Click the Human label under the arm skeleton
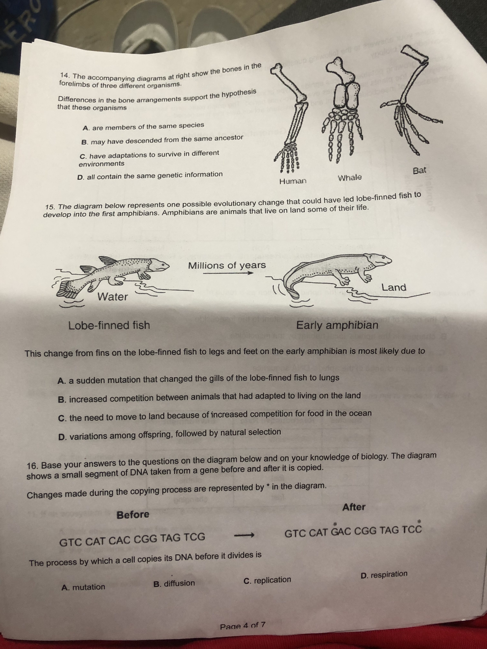293,181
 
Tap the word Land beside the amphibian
394,287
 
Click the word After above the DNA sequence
354,507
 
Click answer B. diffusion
174,583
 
